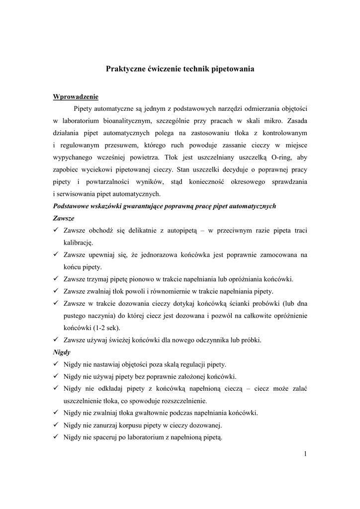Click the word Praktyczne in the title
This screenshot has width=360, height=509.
click(124, 69)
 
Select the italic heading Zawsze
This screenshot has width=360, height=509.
click(63, 218)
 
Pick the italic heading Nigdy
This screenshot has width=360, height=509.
click(62, 352)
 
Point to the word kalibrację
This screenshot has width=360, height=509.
click(78, 243)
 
